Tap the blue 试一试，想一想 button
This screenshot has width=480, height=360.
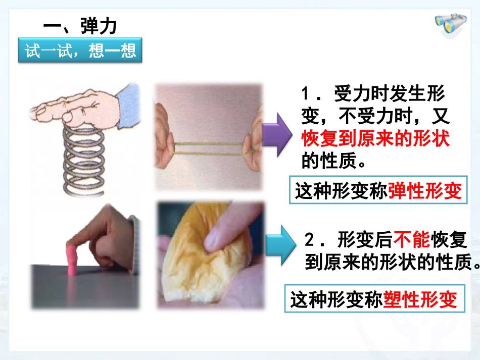[80, 52]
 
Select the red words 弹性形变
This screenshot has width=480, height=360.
[425, 191]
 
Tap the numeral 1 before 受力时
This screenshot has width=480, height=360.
[306, 94]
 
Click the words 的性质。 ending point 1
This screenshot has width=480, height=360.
[333, 161]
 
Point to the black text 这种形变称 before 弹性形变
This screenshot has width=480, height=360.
[342, 191]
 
